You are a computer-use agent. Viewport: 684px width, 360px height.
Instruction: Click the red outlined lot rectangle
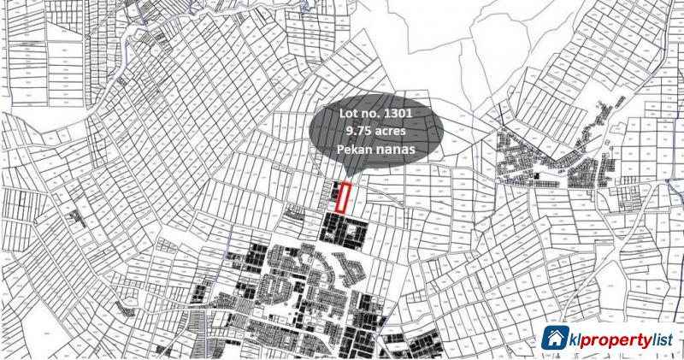(343, 198)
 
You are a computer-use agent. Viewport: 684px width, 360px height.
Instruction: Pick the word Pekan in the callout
(357, 150)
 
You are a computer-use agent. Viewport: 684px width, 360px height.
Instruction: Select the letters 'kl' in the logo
(574, 339)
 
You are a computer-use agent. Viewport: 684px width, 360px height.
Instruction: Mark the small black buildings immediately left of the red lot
(331, 196)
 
